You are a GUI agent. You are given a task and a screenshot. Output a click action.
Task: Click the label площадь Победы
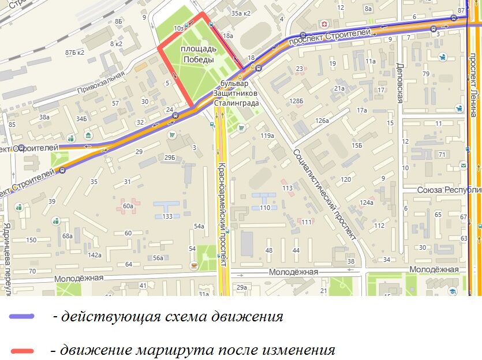(x=198, y=54)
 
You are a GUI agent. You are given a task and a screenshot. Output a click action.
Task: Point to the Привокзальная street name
(x=101, y=82)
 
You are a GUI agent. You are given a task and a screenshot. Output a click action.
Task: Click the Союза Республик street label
(x=450, y=189)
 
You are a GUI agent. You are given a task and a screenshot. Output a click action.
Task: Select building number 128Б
(x=297, y=101)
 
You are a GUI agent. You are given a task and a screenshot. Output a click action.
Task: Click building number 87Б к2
(x=74, y=52)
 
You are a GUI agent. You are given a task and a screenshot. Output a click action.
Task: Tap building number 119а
(x=267, y=136)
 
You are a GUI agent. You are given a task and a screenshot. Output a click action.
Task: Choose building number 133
(x=167, y=216)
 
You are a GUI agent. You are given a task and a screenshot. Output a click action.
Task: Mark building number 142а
(x=95, y=255)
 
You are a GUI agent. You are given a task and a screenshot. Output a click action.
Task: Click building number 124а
(x=367, y=202)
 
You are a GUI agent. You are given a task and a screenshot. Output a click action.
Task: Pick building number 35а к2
(x=240, y=13)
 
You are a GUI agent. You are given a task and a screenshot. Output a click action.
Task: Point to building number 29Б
(x=169, y=157)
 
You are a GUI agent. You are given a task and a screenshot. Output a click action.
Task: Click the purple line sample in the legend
(x=22, y=317)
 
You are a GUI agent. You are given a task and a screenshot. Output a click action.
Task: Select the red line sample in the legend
(x=22, y=350)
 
